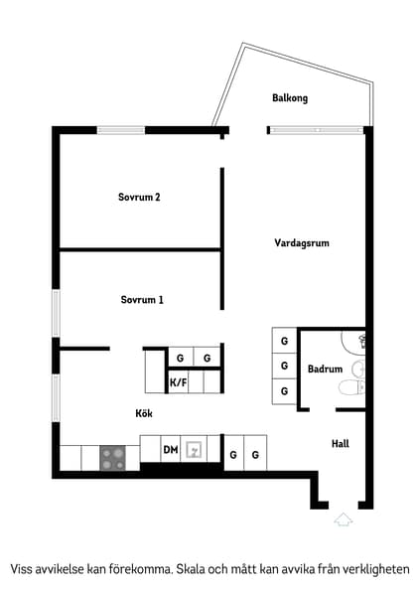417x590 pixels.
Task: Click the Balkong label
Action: pos(290,97)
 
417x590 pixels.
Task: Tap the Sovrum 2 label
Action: pos(139,197)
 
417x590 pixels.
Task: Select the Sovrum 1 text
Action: pos(142,299)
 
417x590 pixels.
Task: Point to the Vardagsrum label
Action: pos(302,242)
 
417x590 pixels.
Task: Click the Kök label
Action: pos(145,413)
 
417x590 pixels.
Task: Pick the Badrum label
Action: pos(325,369)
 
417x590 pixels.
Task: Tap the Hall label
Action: pos(340,443)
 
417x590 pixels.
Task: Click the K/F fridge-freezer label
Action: pos(179,382)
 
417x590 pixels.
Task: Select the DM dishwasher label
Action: pos(171,451)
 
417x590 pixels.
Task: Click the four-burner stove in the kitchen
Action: pos(112,458)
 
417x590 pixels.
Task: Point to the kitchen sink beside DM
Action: pos(196,450)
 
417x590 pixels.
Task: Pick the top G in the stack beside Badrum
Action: pos(284,341)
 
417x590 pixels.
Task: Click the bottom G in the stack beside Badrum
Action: pos(284,390)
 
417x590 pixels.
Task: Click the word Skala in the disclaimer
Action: pos(196,569)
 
